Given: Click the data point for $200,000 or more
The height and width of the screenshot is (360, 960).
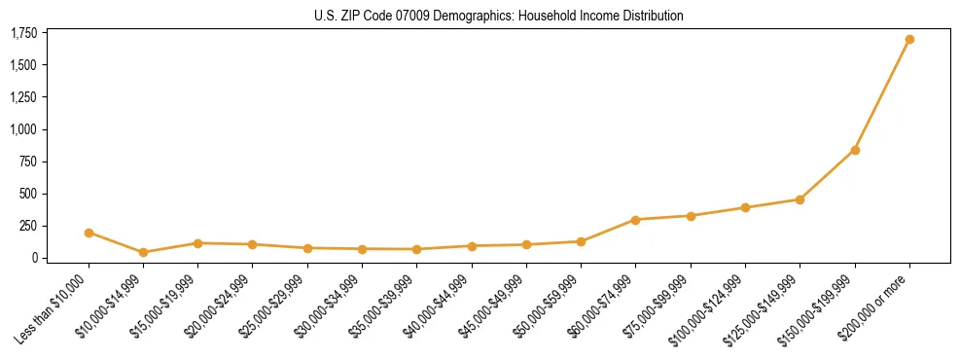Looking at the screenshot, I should tap(909, 40).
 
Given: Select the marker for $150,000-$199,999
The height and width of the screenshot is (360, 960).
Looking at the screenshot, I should tap(855, 150).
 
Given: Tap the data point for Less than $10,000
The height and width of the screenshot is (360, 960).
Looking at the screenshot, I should tap(89, 233).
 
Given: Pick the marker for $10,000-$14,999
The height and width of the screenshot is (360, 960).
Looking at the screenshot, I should tap(143, 252).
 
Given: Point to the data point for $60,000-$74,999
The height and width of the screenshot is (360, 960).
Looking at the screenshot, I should tap(635, 220).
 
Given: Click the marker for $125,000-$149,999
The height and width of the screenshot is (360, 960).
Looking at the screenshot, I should tap(800, 199).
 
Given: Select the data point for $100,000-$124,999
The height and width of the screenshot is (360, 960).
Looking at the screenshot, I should tap(745, 207).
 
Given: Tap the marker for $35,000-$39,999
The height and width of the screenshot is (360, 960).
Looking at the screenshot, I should tap(417, 249).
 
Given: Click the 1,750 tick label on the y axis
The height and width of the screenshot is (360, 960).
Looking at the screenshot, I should tap(23, 34).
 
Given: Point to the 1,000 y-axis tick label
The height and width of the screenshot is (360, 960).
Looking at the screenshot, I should tap(23, 129).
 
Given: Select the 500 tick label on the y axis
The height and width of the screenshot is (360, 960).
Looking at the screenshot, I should tap(28, 194).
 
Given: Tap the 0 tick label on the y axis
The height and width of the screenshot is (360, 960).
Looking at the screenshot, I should tap(33, 258).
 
